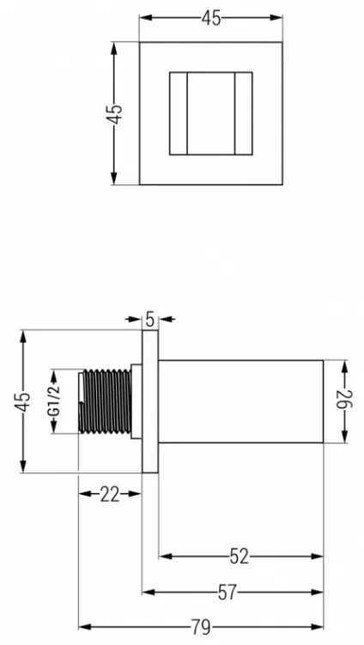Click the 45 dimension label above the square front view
(211, 19)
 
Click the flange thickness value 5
(150, 319)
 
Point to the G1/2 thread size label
(54, 401)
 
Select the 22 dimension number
(110, 494)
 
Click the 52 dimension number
(240, 557)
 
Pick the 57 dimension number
(227, 593)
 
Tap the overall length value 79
(201, 627)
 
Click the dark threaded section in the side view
(107, 401)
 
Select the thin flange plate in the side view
(150, 401)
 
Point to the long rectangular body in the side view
(241, 401)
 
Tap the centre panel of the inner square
(211, 113)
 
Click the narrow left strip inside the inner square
(179, 113)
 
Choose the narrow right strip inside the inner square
(243, 113)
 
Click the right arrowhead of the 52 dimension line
(318, 557)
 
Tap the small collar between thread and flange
(136, 401)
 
